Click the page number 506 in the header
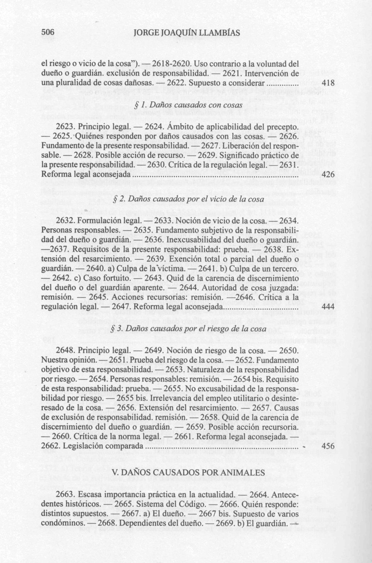click(x=48, y=33)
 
